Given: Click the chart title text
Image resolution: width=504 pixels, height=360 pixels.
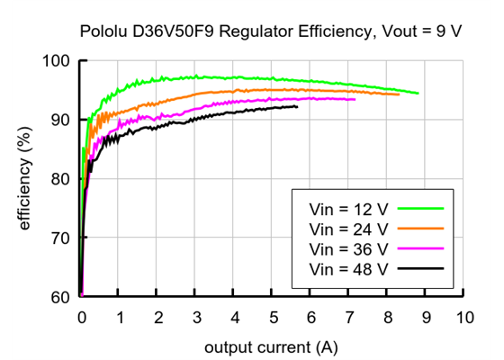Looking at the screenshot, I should [270, 30].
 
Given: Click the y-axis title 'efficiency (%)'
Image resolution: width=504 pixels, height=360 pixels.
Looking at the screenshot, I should [25, 180].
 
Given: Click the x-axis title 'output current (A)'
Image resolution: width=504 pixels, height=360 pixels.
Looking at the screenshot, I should [271, 346].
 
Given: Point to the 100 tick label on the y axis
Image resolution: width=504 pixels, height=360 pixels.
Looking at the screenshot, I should [56, 61].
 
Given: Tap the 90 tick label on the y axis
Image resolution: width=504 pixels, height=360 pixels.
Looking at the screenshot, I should [60, 120].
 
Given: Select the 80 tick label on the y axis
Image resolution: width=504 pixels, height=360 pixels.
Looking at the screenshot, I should [60, 179].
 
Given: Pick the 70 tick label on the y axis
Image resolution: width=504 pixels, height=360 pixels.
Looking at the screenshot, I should [60, 238].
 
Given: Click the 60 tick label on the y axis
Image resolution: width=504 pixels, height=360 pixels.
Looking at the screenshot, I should [60, 297].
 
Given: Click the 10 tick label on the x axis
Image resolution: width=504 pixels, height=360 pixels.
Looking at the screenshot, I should [463, 318].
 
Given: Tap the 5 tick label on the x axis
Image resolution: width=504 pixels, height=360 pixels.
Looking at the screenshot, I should [273, 318].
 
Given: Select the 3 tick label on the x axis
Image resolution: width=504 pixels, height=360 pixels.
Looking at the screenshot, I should [196, 318].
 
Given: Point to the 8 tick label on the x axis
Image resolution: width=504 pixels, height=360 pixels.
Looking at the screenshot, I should [388, 318].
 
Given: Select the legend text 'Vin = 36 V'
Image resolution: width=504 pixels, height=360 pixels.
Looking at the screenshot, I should [348, 248].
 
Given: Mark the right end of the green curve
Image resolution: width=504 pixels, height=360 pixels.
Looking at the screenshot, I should [418, 93].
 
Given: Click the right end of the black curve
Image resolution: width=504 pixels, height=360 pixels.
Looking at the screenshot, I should [297, 107].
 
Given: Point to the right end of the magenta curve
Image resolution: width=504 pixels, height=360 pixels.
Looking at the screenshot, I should [355, 99].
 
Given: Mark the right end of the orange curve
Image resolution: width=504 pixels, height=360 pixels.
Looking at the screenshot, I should [399, 94].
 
